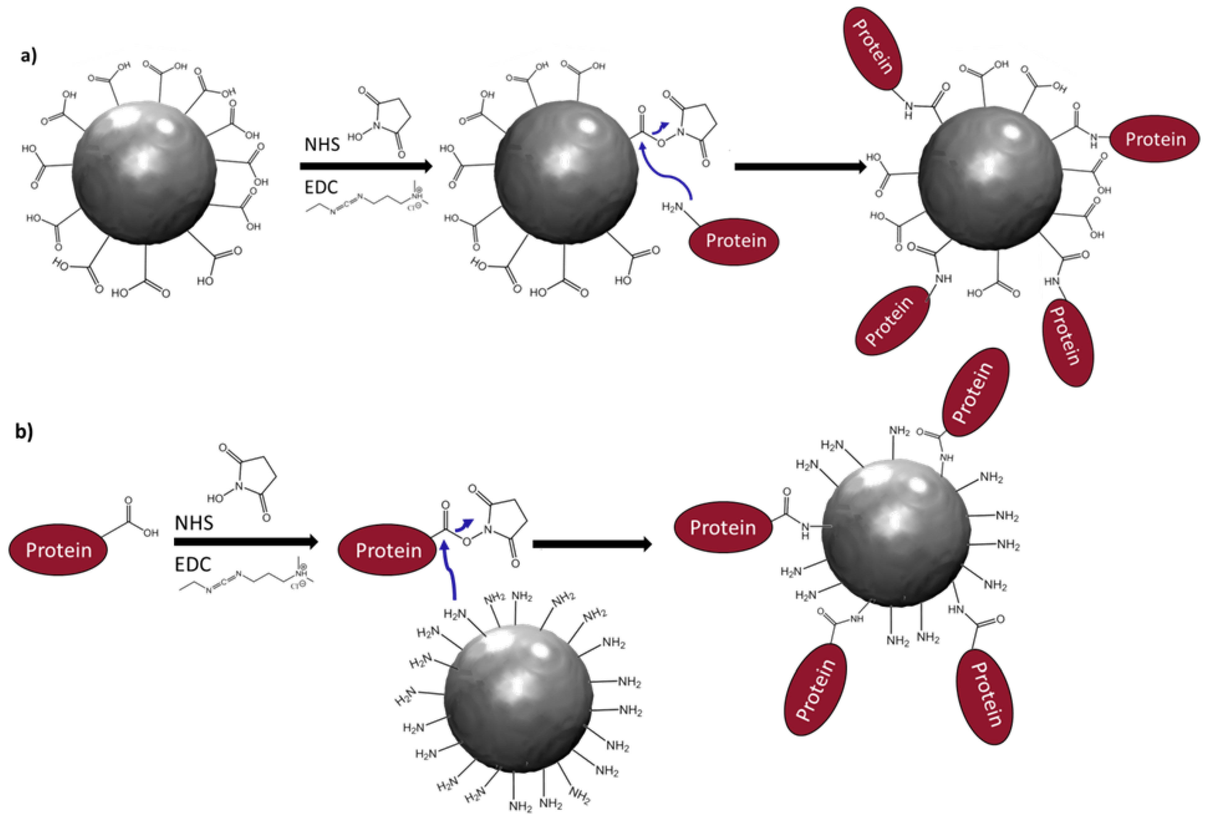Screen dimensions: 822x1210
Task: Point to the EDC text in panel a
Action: (x=321, y=187)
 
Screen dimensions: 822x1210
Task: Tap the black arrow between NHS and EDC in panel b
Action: (x=246, y=542)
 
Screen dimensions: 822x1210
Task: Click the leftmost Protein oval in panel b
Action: (x=58, y=550)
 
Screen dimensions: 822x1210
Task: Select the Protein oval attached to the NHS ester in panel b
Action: (x=388, y=550)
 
